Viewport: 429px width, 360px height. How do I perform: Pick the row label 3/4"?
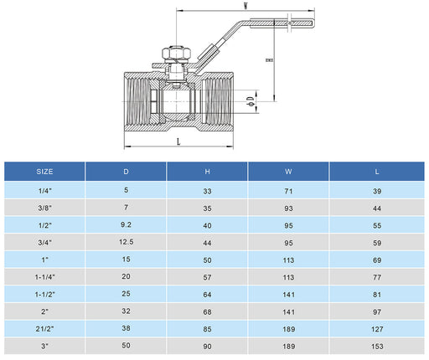pyautogui.click(x=44, y=242)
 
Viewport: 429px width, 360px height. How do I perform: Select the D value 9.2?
pyautogui.click(x=126, y=224)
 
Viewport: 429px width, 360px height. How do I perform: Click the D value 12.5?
pyautogui.click(x=126, y=242)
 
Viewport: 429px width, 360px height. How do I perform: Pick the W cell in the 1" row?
pyautogui.click(x=289, y=260)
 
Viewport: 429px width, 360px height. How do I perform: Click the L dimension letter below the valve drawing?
pyautogui.click(x=179, y=141)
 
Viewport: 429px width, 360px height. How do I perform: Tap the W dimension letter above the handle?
pyautogui.click(x=245, y=5)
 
